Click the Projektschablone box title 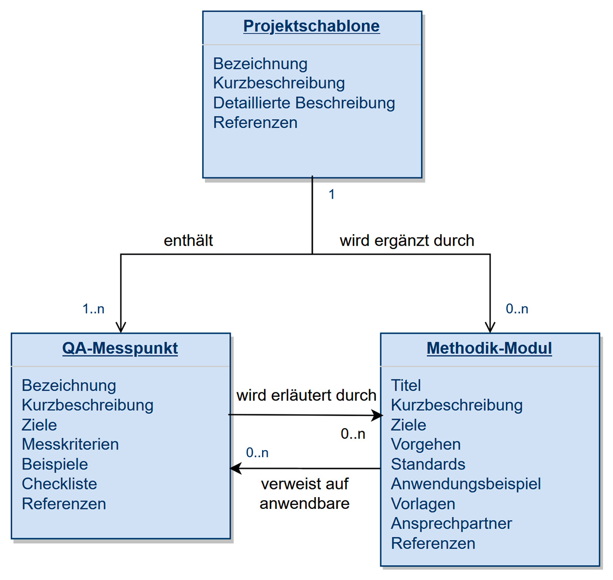click(311, 26)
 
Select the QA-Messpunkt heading click(120, 348)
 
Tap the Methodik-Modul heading click(489, 348)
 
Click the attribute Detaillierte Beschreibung click(304, 103)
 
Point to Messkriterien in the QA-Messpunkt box click(70, 444)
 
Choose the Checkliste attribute click(59, 484)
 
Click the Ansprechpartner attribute click(451, 523)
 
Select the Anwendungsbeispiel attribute click(466, 484)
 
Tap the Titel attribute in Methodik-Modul click(406, 385)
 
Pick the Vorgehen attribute click(426, 444)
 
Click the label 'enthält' click(188, 240)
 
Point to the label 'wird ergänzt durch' click(407, 240)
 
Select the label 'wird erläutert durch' click(306, 395)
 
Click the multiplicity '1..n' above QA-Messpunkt click(93, 309)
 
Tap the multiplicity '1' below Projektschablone click(332, 194)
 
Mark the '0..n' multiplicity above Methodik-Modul click(517, 309)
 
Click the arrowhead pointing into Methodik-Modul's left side click(378, 415)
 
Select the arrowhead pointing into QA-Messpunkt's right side click(235, 468)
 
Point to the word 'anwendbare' click(304, 504)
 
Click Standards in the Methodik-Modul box click(428, 464)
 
